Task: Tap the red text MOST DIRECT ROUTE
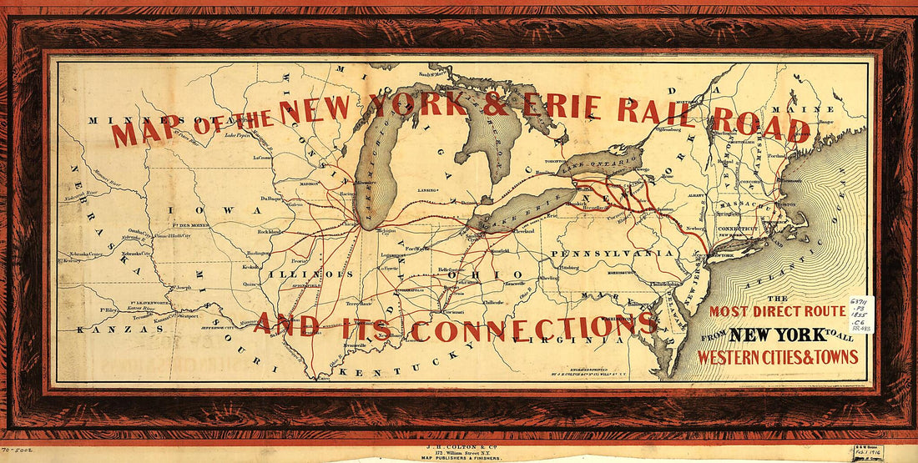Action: (x=778, y=312)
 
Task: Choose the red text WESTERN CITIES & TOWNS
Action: (x=778, y=357)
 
